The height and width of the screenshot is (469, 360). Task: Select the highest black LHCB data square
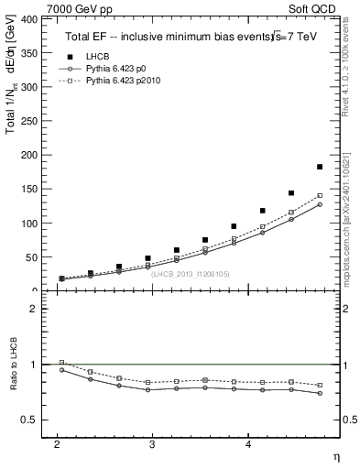coord(319,167)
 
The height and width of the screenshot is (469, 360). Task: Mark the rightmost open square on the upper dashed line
coord(319,196)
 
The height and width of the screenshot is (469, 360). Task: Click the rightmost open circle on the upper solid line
coord(319,204)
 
